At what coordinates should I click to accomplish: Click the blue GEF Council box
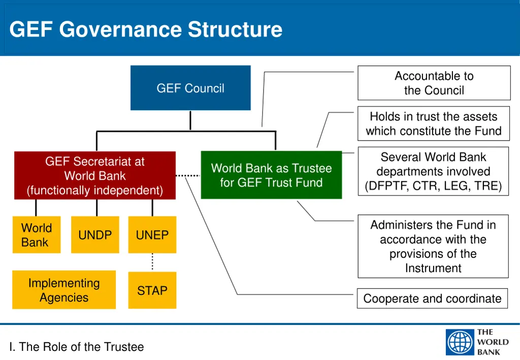[x=190, y=88]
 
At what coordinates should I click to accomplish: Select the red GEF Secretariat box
[x=95, y=176]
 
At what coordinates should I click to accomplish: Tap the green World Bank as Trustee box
[x=271, y=175]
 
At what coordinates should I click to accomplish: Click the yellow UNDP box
[x=95, y=235]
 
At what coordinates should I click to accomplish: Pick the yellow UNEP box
[x=152, y=235]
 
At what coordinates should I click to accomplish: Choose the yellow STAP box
[x=152, y=290]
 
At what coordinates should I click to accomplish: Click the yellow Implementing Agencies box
[x=64, y=290]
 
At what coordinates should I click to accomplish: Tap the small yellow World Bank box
[x=37, y=235]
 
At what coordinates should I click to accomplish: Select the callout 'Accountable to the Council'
[x=434, y=83]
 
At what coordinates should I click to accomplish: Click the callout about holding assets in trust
[x=433, y=124]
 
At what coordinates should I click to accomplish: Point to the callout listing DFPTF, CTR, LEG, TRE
[x=433, y=172]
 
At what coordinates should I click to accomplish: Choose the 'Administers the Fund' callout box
[x=433, y=246]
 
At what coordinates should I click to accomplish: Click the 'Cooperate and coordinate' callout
[x=432, y=299]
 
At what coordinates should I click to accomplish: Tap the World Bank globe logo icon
[x=460, y=342]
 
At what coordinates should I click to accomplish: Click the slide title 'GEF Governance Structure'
[x=146, y=29]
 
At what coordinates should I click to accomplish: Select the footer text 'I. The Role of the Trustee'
[x=77, y=347]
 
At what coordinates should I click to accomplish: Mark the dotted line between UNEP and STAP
[x=152, y=262]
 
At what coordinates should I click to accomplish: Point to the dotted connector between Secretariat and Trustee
[x=188, y=175]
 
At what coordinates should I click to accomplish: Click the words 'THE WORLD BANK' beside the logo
[x=492, y=342]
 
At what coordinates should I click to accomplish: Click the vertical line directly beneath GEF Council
[x=190, y=121]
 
